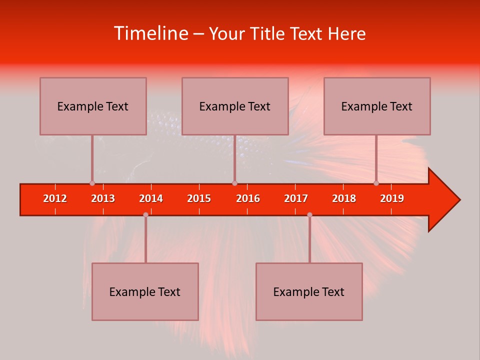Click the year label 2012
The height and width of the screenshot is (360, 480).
click(x=55, y=198)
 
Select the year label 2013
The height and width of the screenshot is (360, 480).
click(x=103, y=198)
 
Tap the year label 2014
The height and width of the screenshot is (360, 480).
click(x=151, y=198)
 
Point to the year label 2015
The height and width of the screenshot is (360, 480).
click(x=199, y=198)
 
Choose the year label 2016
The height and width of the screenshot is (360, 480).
click(x=248, y=198)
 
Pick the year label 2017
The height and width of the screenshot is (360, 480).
click(x=296, y=198)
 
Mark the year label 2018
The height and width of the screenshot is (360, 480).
click(x=344, y=198)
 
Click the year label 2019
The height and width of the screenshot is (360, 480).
click(x=392, y=198)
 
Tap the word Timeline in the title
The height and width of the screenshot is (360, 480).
click(x=150, y=33)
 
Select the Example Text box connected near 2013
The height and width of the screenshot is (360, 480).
click(x=93, y=106)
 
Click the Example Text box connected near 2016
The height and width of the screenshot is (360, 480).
click(x=235, y=106)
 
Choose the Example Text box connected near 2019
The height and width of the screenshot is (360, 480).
click(x=377, y=106)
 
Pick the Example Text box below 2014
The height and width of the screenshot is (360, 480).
click(x=145, y=291)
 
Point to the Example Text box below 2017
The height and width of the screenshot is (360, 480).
click(x=309, y=291)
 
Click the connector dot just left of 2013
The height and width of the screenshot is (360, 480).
click(x=92, y=183)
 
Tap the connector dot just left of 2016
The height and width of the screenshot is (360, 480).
click(x=234, y=183)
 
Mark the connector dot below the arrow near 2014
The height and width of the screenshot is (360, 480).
click(x=145, y=214)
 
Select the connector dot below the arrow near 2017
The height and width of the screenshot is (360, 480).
click(x=309, y=214)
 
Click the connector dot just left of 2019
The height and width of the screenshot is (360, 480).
click(x=376, y=183)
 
